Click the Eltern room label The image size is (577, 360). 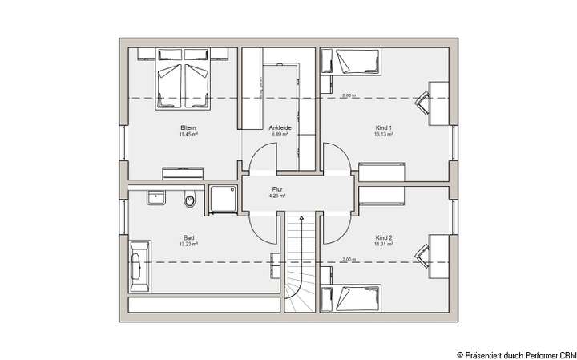click(x=188, y=128)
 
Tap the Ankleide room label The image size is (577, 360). click(x=280, y=128)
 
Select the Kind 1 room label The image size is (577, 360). click(x=384, y=128)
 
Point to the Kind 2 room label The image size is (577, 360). click(x=384, y=238)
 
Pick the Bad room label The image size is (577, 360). click(x=188, y=238)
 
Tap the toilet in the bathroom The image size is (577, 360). click(x=189, y=200)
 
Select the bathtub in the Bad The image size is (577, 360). click(x=139, y=264)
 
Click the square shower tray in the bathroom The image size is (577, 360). click(x=223, y=199)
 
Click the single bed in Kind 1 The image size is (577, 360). click(x=350, y=61)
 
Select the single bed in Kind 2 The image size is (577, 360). click(x=350, y=299)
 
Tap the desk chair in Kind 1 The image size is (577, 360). click(x=422, y=99)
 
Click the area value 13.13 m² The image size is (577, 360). click(x=384, y=135)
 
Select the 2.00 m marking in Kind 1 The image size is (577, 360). click(x=348, y=96)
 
